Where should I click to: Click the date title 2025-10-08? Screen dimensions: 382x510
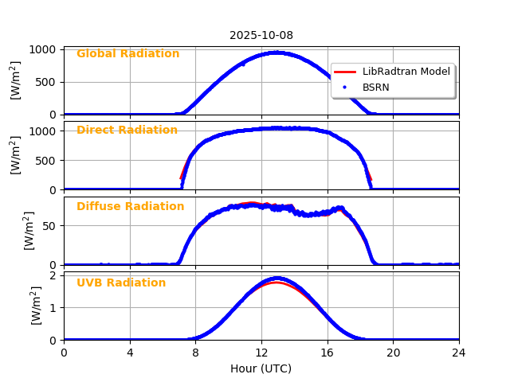click(261, 35)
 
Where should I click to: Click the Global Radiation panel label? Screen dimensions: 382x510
click(127, 54)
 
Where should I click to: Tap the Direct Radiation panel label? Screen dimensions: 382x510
click(127, 131)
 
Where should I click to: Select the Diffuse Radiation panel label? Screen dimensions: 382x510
click(130, 207)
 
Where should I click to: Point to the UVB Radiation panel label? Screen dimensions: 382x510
click(121, 283)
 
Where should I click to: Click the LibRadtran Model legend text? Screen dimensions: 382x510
click(406, 72)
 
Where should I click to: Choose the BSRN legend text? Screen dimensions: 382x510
click(375, 88)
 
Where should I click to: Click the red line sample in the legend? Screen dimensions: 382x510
click(346, 72)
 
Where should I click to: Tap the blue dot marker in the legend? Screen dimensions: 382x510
click(346, 88)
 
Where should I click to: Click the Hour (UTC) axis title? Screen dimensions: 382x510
click(261, 368)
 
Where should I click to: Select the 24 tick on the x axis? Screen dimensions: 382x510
click(459, 353)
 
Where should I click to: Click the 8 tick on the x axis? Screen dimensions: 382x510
click(195, 353)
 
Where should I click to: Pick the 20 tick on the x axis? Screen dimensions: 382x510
click(393, 353)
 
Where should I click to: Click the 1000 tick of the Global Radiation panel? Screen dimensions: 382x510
click(43, 49)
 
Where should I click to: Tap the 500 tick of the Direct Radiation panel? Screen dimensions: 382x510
click(47, 160)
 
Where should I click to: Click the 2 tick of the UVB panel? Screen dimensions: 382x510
click(54, 275)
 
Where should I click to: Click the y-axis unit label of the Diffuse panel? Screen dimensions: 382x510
click(29, 231)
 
